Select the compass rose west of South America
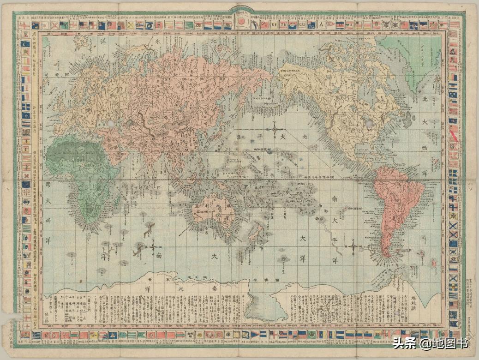(x=352, y=246)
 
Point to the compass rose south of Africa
(x=153, y=247)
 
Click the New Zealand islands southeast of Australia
(x=254, y=231)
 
